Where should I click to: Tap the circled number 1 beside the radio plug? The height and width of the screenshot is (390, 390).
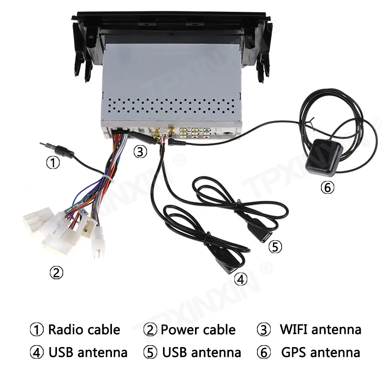[x=53, y=163]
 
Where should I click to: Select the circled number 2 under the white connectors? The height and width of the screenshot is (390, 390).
[x=56, y=273]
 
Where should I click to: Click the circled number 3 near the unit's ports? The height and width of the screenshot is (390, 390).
[x=140, y=152]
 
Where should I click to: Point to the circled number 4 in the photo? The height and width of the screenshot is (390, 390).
[x=241, y=279]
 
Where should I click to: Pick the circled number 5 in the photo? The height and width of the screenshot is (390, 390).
[x=275, y=247]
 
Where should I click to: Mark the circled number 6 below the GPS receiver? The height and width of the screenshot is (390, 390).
[x=327, y=188]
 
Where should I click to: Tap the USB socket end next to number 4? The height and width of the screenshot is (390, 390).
[x=225, y=269]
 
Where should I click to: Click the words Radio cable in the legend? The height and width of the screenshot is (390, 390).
[x=84, y=330]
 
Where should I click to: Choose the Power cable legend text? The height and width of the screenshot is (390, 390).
[x=198, y=330]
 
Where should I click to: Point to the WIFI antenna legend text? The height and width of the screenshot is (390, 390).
[x=320, y=330]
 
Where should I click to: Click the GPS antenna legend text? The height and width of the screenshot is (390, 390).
[x=320, y=353]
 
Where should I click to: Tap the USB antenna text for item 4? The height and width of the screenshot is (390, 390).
[x=88, y=353]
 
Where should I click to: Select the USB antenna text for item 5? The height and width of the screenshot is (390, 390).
[x=202, y=353]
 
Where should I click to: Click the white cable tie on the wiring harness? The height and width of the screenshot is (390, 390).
[x=106, y=179]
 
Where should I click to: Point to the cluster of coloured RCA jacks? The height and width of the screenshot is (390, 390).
[x=195, y=133]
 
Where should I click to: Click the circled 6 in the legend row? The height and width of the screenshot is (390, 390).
[x=264, y=353]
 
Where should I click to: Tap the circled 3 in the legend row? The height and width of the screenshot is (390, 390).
[x=264, y=330]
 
